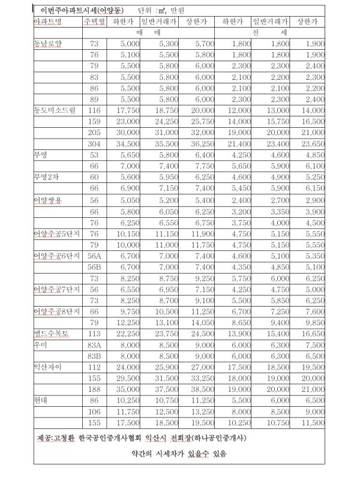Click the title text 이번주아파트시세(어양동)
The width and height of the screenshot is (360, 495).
80,11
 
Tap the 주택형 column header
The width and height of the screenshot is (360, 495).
94,22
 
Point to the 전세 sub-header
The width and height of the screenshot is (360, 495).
266,32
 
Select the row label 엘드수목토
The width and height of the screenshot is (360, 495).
52,333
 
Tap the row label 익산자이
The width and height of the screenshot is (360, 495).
48,366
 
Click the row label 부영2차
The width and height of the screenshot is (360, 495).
47,178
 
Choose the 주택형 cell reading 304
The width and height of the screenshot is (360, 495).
94,144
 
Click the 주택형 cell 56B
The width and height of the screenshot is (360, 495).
94,266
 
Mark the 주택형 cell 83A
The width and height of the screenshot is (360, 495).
94,344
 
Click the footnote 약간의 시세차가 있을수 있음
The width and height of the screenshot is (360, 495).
179,454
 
